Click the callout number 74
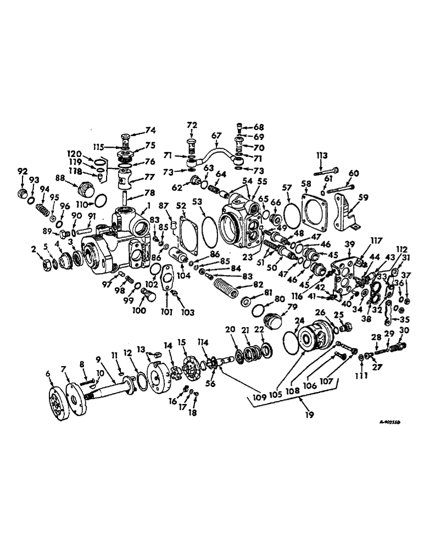point(150,131)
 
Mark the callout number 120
point(74,154)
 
